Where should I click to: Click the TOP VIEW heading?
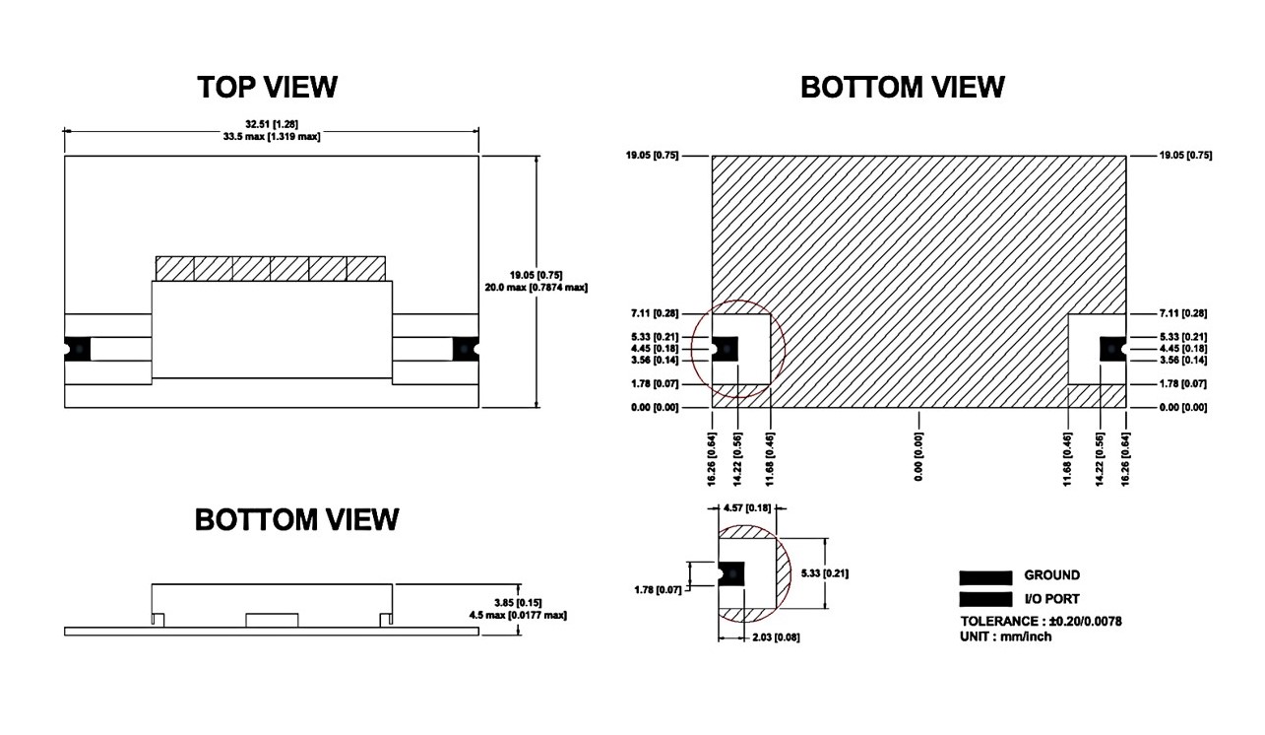pos(267,87)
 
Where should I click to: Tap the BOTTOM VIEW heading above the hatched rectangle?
pos(902,87)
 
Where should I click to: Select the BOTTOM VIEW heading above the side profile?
pos(296,519)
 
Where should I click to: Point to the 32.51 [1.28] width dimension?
pos(270,124)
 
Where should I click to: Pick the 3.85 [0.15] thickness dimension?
pos(519,602)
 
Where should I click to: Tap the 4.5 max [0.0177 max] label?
pos(517,615)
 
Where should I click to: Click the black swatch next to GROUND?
pos(985,577)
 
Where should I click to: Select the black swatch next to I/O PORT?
pos(985,599)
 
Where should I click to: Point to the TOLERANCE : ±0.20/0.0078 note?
pos(1042,621)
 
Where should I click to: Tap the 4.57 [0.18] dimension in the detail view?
pos(746,508)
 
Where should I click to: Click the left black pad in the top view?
pos(77,349)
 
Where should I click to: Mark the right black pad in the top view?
pos(466,349)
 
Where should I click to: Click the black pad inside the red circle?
pos(726,348)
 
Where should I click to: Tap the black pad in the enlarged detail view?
pos(730,574)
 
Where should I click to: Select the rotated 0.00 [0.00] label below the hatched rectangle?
pos(918,457)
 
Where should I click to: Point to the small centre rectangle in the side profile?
pos(271,619)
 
